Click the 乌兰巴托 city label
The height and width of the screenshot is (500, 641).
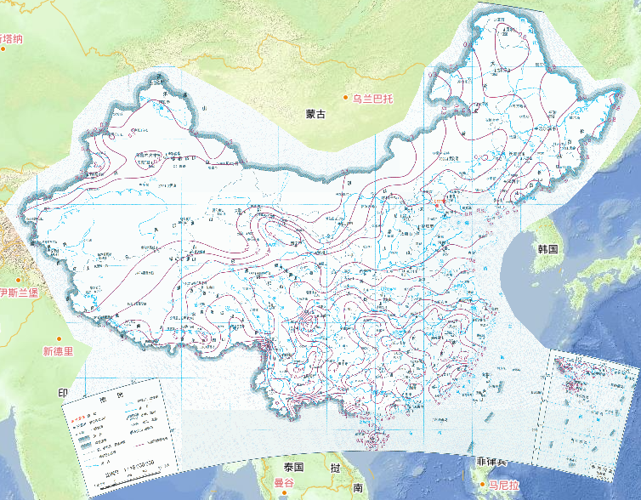point(376,99)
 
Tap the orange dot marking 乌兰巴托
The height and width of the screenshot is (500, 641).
point(346,99)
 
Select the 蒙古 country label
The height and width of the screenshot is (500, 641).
point(316,113)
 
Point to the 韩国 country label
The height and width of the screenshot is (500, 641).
point(547,249)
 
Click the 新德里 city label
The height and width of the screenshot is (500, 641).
point(59,349)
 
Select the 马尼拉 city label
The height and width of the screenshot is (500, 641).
point(502,484)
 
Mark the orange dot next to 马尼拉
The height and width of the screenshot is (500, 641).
point(482,484)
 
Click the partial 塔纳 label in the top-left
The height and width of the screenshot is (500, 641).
point(12,38)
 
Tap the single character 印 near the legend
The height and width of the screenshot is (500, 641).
point(61,393)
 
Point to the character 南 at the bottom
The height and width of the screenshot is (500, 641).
point(358,488)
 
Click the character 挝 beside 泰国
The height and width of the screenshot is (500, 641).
point(336,468)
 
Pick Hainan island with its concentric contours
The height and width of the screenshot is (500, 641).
point(375,440)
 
